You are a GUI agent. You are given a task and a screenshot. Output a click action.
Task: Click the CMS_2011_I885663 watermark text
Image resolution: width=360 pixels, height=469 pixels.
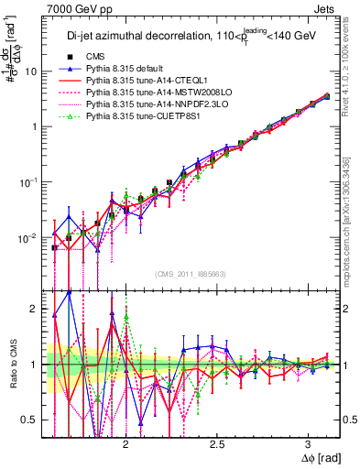click(x=192, y=274)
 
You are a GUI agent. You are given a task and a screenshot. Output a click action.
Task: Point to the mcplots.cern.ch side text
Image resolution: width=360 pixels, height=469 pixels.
click(x=353, y=229)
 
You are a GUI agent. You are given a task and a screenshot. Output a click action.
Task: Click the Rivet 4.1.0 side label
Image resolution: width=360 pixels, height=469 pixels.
click(x=353, y=64)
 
